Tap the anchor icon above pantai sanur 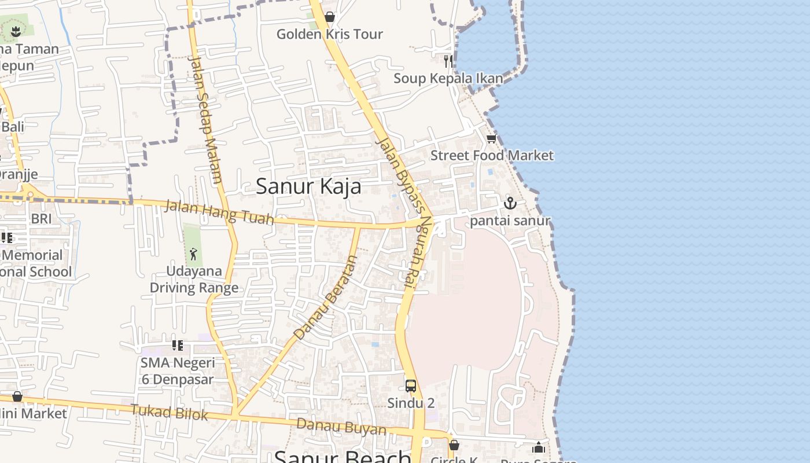click(510, 203)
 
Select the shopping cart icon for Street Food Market click(491, 138)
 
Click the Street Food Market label click(492, 155)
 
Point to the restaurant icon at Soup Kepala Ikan click(448, 61)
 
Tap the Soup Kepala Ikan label click(448, 78)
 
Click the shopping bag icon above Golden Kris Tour click(329, 17)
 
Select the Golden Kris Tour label click(329, 34)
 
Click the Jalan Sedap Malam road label click(205, 119)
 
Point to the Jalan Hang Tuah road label click(219, 212)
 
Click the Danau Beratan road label click(326, 297)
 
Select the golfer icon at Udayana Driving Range click(193, 253)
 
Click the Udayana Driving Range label click(194, 280)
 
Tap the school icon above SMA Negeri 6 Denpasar click(177, 346)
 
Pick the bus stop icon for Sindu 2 click(410, 385)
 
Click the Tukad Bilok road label click(169, 412)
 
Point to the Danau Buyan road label click(341, 427)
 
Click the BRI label click(41, 219)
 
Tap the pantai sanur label click(510, 221)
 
